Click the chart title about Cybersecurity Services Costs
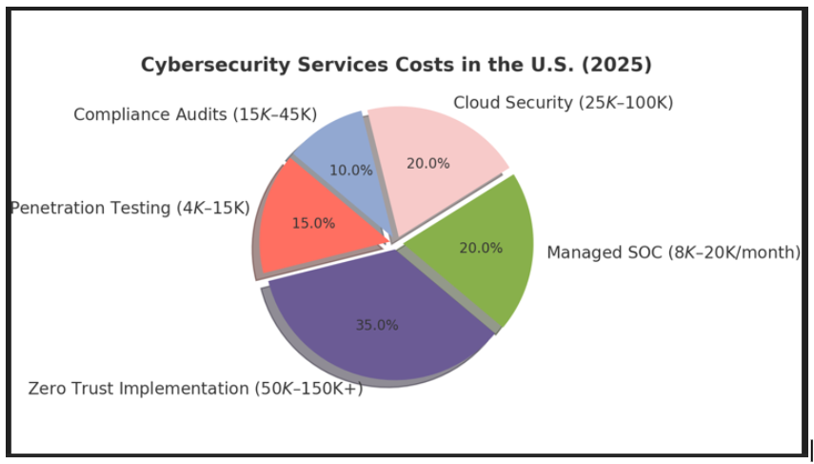pyautogui.click(x=396, y=65)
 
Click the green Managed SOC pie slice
pyautogui.click(x=476, y=252)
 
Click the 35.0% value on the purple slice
pyautogui.click(x=377, y=325)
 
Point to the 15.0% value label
pyautogui.click(x=313, y=223)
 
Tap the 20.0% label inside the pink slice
pyautogui.click(x=427, y=163)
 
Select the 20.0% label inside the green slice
pyautogui.click(x=481, y=248)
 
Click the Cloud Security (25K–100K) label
pyautogui.click(x=563, y=103)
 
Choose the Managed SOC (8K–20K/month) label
pyautogui.click(x=673, y=252)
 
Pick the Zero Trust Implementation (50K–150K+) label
pyautogui.click(x=195, y=389)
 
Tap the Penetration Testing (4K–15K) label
pyautogui.click(x=130, y=208)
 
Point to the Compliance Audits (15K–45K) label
pyautogui.click(x=196, y=114)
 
